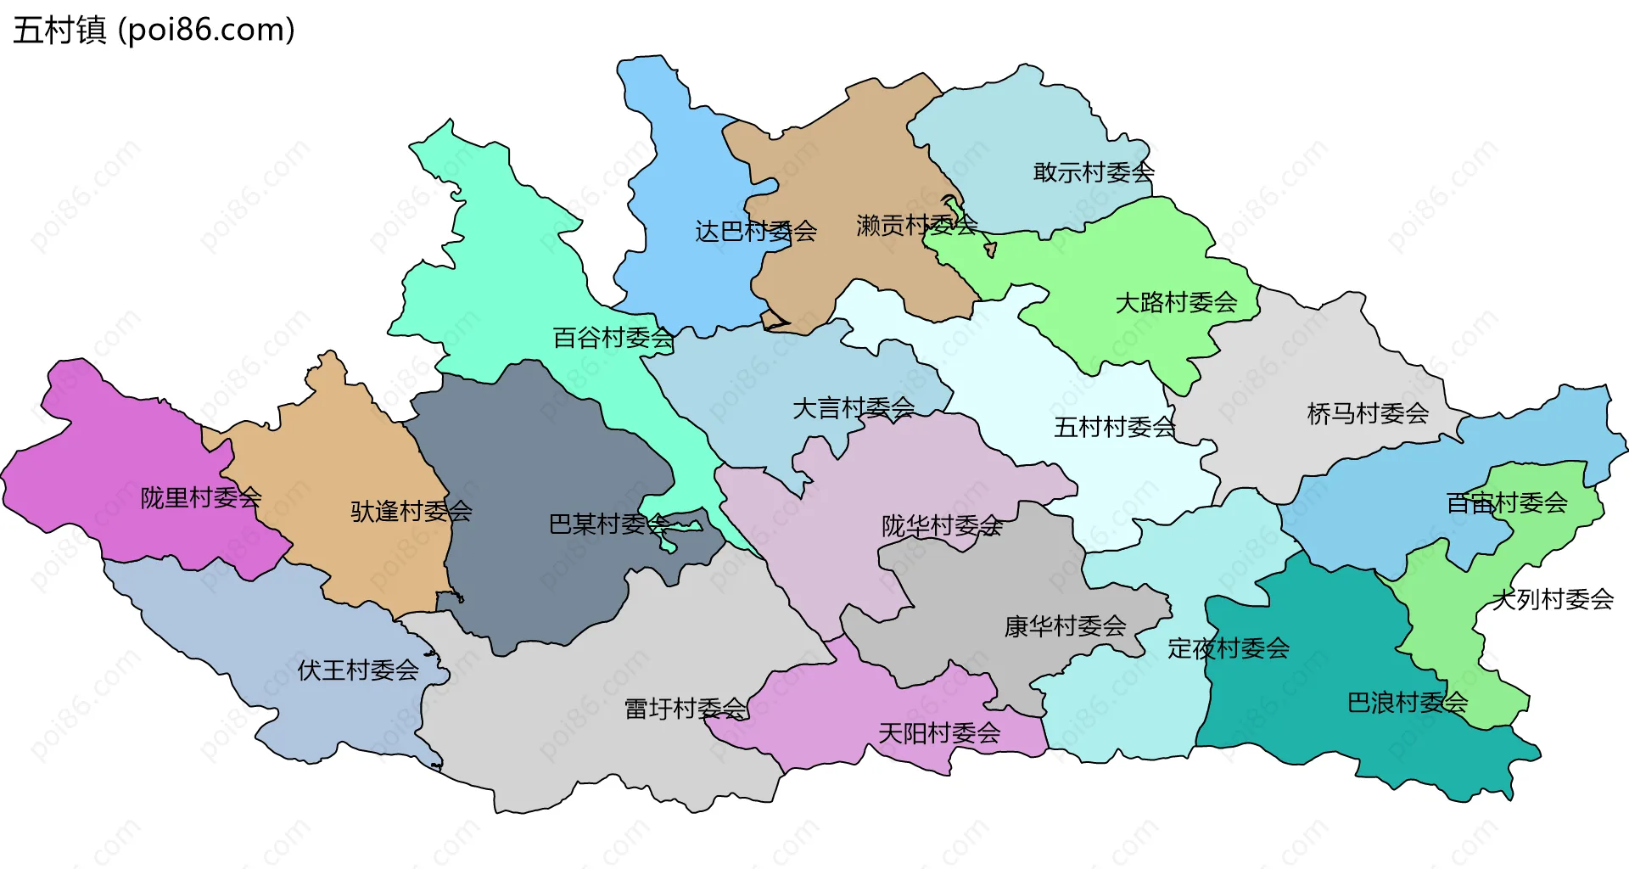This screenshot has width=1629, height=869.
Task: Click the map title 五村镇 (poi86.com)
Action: click(154, 30)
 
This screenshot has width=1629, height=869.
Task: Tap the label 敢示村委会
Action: click(1094, 172)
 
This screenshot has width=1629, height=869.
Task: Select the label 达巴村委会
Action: click(755, 231)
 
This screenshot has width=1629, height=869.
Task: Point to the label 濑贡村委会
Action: click(916, 225)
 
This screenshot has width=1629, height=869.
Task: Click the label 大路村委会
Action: click(1176, 302)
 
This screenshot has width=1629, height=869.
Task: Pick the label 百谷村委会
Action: click(613, 338)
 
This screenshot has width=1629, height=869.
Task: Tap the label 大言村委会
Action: click(853, 408)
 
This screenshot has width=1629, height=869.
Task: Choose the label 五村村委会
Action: click(1114, 427)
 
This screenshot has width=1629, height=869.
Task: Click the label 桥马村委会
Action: click(1368, 413)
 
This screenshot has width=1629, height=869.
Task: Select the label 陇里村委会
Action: click(201, 497)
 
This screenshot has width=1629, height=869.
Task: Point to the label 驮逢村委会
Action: click(411, 511)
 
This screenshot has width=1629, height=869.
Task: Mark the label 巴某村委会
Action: click(609, 524)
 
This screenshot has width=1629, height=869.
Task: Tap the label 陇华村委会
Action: click(942, 526)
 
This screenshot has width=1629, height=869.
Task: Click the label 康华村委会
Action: click(1065, 626)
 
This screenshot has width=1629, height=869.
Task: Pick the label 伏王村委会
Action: click(358, 670)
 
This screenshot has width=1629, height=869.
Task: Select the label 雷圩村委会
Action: click(686, 709)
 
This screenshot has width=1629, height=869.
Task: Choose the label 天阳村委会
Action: click(939, 732)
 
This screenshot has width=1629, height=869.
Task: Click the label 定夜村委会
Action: click(1229, 648)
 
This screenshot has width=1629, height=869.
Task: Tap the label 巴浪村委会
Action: click(1408, 703)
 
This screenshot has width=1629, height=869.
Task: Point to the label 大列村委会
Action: click(1553, 599)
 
